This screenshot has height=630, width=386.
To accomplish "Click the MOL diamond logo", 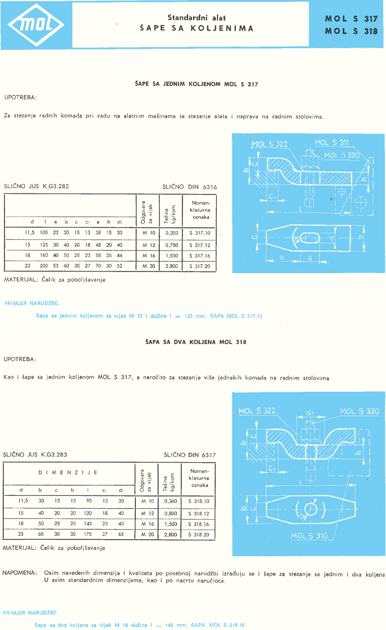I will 35,25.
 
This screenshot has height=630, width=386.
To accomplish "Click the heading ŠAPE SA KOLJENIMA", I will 196,28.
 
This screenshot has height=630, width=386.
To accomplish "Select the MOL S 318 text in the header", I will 351,31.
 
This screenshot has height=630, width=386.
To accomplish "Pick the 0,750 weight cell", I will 171,244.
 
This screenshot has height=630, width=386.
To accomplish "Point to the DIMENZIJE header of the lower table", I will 68,473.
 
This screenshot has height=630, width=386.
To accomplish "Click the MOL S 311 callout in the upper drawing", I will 332,142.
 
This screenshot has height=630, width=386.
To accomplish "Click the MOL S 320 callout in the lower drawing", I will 359,411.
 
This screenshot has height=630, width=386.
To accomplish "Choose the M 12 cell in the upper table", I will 148,244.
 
